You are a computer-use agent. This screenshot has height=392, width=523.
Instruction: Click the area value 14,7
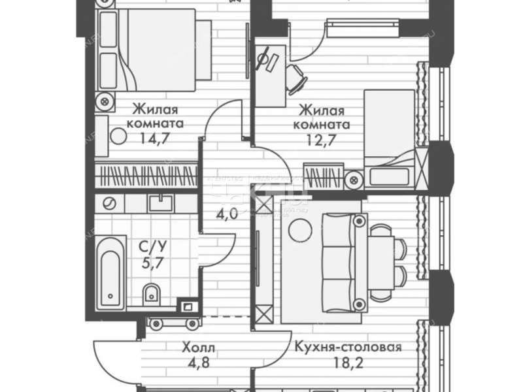tap(155, 138)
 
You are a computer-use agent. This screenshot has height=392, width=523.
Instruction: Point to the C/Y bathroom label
tap(155, 248)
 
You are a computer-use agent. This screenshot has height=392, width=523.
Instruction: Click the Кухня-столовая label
tap(347, 347)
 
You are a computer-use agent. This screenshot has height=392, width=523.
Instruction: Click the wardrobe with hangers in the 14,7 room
tap(146, 176)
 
